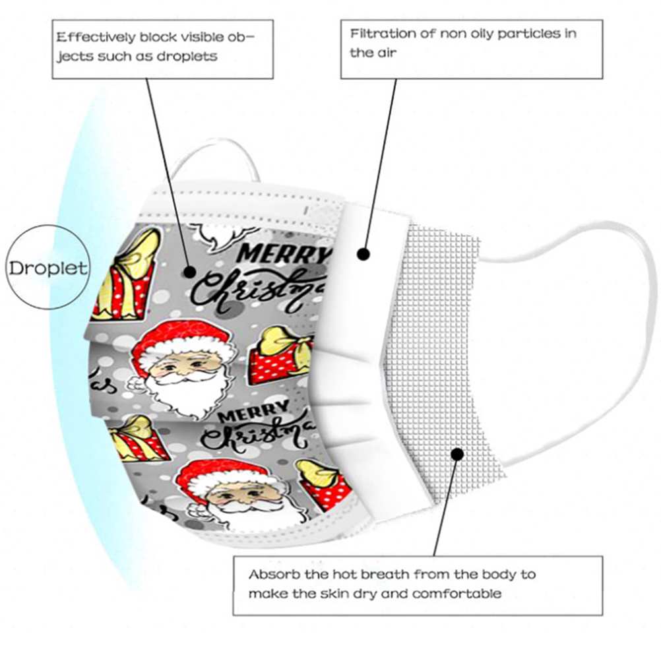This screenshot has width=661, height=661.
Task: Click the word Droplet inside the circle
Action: (x=47, y=268)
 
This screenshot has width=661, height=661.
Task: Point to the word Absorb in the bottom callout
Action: (x=268, y=574)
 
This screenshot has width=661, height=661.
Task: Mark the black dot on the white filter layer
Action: (x=363, y=253)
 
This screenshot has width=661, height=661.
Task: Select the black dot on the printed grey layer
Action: (x=190, y=270)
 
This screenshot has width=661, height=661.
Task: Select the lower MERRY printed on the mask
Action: (x=251, y=415)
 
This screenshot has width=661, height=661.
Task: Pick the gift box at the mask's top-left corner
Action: (x=129, y=274)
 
